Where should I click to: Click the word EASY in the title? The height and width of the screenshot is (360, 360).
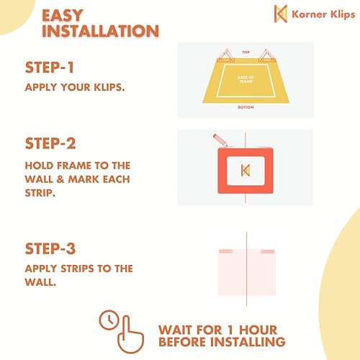pos(64,14)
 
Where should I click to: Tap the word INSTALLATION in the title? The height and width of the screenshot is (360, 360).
pos(99,32)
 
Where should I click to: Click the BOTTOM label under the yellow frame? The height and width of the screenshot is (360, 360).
pos(246,107)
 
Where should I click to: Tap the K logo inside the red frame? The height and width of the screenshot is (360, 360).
pos(246,169)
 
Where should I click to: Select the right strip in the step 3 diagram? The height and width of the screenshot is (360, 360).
pos(266,252)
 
